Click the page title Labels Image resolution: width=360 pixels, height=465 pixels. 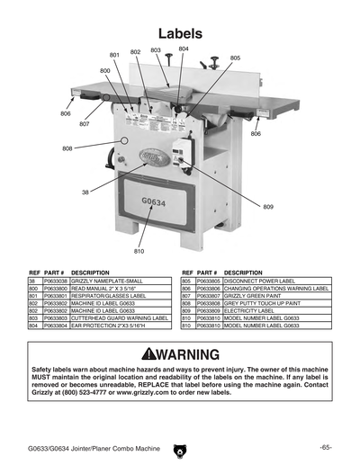tap(180, 32)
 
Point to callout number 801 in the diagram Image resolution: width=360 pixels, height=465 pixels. tap(115, 55)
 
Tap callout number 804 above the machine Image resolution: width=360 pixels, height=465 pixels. tap(184, 48)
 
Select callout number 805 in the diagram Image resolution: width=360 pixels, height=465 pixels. tap(235, 58)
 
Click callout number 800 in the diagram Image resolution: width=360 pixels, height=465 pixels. tap(105, 69)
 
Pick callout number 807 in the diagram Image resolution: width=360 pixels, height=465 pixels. tap(84, 124)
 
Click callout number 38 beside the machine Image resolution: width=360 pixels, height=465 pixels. tap(85, 192)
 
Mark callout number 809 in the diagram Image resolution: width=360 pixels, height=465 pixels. tap(268, 207)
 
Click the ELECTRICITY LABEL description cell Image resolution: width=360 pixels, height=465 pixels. tap(252, 310)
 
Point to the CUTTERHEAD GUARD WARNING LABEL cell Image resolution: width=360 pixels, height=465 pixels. tap(120, 317)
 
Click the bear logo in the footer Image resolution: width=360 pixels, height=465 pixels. tap(179, 447)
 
